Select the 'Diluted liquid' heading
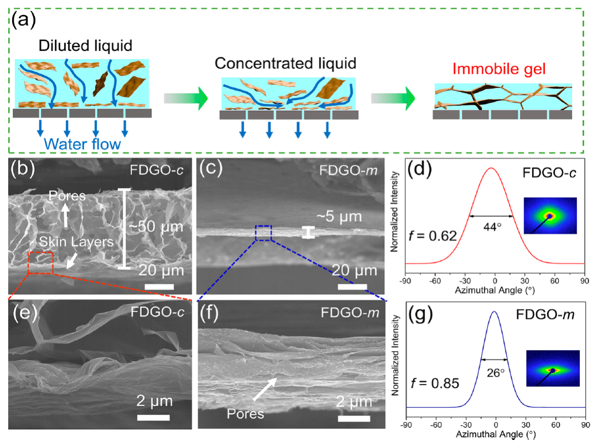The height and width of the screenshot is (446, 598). (x=85, y=44)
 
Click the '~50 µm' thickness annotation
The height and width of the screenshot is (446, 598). (x=158, y=228)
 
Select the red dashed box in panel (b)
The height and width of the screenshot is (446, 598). (x=40, y=262)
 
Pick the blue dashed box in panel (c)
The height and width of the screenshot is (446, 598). (x=263, y=233)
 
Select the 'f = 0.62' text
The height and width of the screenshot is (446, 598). (x=431, y=236)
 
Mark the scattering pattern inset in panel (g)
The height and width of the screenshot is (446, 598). (x=552, y=370)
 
